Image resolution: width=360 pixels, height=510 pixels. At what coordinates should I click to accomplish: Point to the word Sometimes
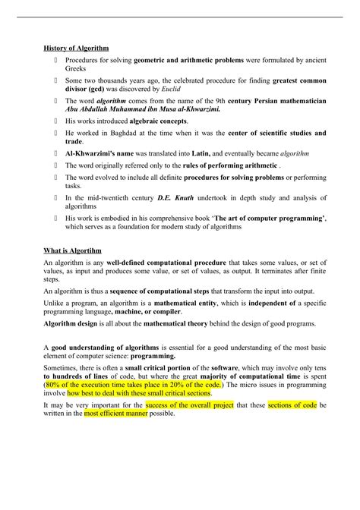coord(62,366)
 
